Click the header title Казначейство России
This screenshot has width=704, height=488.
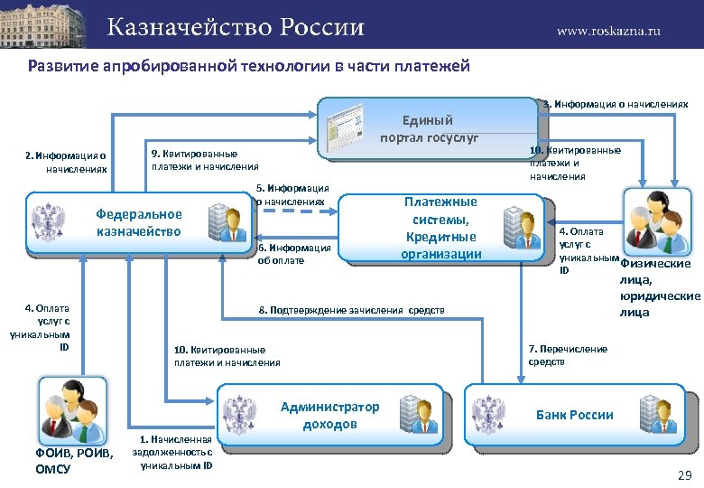tap(236, 27)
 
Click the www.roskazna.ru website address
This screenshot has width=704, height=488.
tap(608, 30)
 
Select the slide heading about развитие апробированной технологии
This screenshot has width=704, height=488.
tap(249, 66)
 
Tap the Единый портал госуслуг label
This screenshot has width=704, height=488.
tap(429, 128)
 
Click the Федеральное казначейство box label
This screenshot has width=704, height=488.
tap(139, 222)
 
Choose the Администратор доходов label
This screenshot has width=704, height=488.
tap(329, 415)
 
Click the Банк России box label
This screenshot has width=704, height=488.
tap(574, 415)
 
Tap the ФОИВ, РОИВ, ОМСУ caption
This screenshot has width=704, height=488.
tap(71, 461)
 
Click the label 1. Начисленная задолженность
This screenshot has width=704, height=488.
tap(172, 452)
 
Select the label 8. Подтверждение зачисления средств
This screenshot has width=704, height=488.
tap(352, 311)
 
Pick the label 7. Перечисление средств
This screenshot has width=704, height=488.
tap(568, 355)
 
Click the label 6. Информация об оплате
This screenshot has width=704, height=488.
tap(294, 254)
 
